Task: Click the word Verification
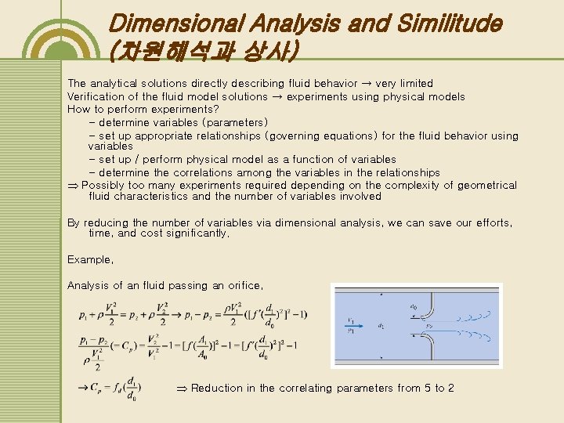pos(96,96)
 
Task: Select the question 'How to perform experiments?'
pos(132,110)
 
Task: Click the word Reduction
pos(215,389)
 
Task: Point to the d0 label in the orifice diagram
pos(412,297)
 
